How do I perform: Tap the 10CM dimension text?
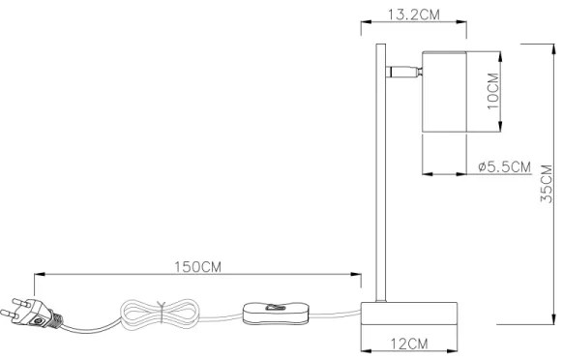491,90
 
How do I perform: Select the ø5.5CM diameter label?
505,167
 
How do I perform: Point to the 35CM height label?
547,184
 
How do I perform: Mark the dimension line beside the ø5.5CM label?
451,175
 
